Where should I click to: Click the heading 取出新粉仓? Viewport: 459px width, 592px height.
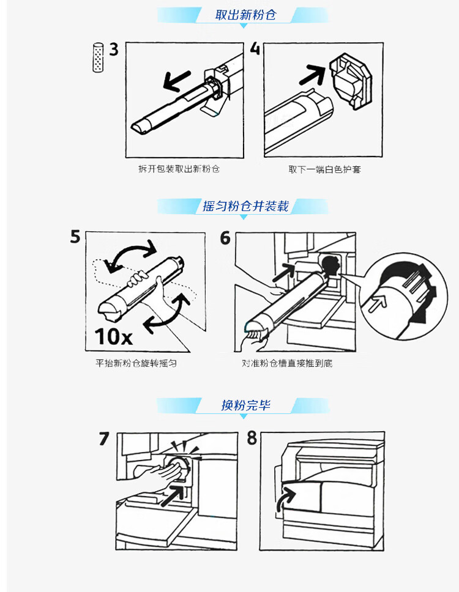(245, 15)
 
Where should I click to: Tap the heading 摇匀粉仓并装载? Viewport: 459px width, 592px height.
(245, 206)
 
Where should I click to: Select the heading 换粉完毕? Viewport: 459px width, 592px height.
(245, 405)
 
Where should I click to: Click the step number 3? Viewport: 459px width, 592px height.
(114, 50)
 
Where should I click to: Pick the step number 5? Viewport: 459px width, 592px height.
(75, 237)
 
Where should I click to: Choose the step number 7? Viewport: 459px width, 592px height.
(104, 438)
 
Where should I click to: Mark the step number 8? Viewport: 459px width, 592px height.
(252, 438)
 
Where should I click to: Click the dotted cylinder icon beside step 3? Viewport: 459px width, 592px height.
(97, 58)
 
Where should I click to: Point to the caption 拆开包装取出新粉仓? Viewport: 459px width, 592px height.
(179, 168)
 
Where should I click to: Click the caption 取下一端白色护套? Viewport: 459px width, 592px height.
(324, 169)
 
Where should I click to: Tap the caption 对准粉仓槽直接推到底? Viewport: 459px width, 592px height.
(287, 363)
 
